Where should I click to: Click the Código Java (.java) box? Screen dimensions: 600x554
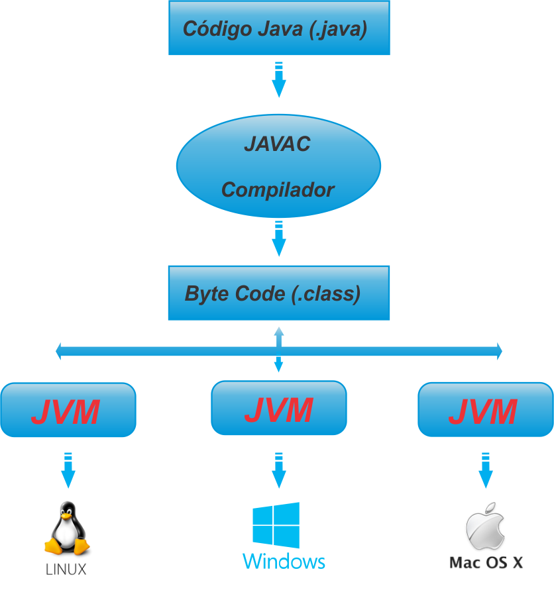point(278,28)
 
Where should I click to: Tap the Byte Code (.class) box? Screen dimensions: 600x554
point(278,293)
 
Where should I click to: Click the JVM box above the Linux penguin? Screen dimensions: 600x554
point(68,411)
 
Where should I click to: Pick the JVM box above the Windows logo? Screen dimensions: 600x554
point(278,409)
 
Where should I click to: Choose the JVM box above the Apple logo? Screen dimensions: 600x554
point(486,411)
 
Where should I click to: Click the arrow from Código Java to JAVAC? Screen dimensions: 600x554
point(279,79)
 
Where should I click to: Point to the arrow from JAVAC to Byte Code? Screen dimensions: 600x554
point(279,238)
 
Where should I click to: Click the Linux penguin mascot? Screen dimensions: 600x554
point(68,530)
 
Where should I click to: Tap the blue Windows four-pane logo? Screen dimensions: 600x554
point(276,525)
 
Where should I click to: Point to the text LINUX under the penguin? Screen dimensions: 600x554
point(66,569)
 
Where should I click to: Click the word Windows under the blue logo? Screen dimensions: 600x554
point(284,562)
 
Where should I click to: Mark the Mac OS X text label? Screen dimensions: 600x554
point(486,563)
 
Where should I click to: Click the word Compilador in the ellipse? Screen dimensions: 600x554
point(278,190)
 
